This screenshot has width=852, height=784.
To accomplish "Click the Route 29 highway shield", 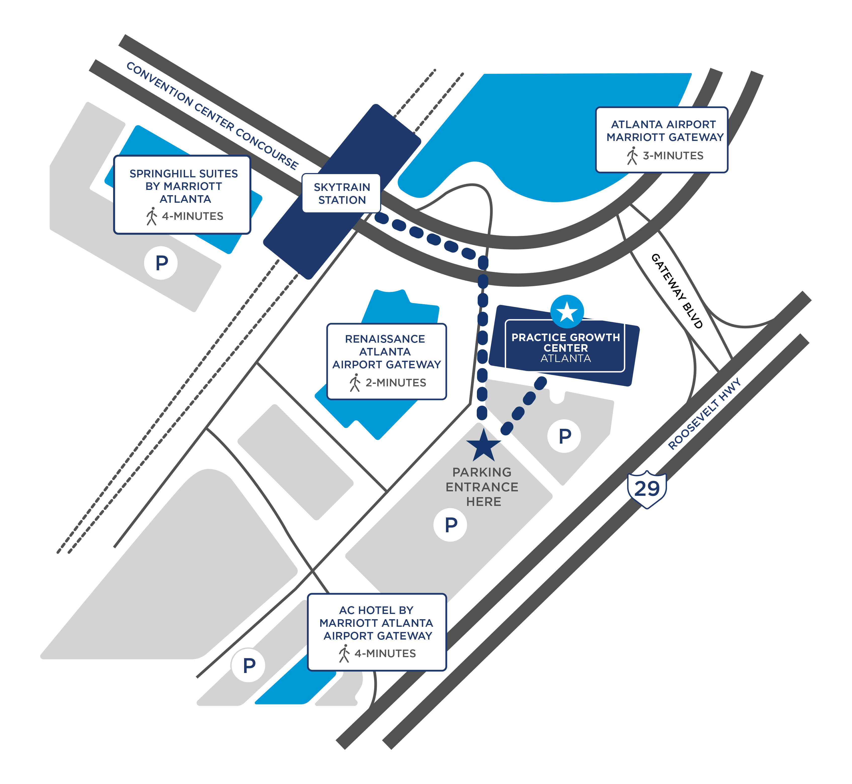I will pos(647,489).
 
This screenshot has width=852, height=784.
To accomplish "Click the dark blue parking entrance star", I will pos(483,445).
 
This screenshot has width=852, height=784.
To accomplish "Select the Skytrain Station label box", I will pos(341,193).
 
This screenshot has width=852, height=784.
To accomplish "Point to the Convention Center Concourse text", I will pos(212,115).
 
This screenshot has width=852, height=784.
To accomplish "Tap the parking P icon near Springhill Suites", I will pos(161,263).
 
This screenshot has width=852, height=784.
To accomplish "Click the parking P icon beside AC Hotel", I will pos(249,665).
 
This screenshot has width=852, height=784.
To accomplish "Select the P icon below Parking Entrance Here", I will pos(451,525).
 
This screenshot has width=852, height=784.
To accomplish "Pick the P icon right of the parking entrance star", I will pos(564,436).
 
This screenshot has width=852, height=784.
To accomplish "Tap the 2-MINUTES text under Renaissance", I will pos(396,383).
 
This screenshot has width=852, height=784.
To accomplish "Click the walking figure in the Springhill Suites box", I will pos(152,216).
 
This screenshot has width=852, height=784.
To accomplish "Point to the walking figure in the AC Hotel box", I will pos(344,653).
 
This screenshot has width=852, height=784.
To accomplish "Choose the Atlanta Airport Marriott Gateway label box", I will pos(661,140).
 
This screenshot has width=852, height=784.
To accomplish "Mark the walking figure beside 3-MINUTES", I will pos(632,156).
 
